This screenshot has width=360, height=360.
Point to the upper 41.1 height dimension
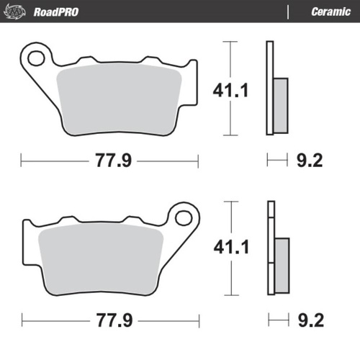coord(230,90)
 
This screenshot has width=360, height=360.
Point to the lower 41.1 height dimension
coord(230,248)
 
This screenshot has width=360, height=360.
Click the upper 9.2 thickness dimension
coord(305,161)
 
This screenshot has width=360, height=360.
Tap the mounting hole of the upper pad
coord(35,58)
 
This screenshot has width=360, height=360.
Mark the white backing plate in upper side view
coord(270,86)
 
